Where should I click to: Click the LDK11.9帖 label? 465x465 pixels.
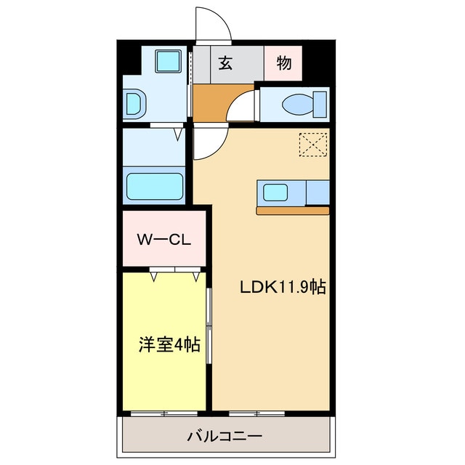283,287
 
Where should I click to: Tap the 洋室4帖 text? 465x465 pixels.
169,344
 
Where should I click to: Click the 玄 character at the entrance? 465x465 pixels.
225,63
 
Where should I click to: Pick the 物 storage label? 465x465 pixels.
283,63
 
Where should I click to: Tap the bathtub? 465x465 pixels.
155,185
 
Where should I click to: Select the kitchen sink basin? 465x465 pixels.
275,193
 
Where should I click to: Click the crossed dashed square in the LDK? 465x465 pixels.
314,144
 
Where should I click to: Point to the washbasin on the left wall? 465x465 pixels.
134,103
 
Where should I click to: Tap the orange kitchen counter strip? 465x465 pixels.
293,211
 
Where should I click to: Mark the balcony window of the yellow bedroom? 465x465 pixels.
164,413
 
